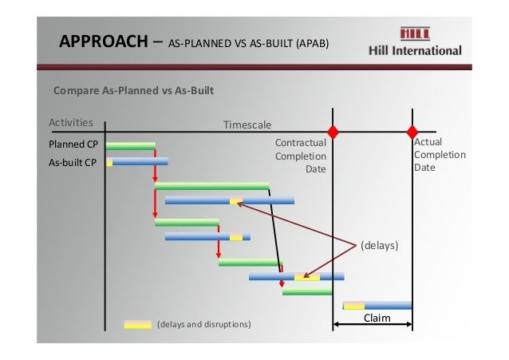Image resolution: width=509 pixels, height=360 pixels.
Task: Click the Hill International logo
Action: pyautogui.click(x=415, y=42)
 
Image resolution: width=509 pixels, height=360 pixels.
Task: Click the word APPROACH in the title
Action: pyautogui.click(x=102, y=42)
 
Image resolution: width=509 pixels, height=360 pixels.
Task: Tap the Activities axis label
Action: pyautogui.click(x=71, y=123)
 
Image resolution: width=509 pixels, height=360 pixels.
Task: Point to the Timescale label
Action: pyautogui.click(x=247, y=125)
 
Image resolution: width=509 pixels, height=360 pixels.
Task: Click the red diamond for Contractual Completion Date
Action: pyautogui.click(x=333, y=131)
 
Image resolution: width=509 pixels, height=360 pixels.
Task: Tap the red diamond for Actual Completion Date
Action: pyautogui.click(x=412, y=131)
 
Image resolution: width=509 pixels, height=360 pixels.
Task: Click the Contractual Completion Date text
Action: pyautogui.click(x=301, y=156)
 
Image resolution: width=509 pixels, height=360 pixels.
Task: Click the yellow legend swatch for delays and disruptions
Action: pyautogui.click(x=137, y=324)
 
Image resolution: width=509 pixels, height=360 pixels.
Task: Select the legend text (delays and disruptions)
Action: pyautogui.click(x=204, y=325)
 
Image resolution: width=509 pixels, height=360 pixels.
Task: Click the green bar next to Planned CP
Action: pyautogui.click(x=130, y=146)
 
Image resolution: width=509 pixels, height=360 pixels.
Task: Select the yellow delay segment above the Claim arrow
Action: pyautogui.click(x=353, y=305)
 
